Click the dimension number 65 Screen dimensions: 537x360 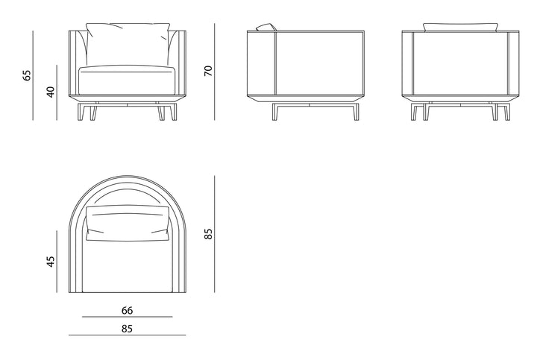click(x=27, y=75)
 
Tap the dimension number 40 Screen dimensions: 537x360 click(x=51, y=92)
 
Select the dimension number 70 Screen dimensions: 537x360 click(x=208, y=71)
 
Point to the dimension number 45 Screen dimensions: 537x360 click(x=51, y=262)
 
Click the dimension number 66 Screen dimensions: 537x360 click(x=127, y=310)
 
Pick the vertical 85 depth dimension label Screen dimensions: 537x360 click(x=208, y=234)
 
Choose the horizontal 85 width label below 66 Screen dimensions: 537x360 click(x=127, y=329)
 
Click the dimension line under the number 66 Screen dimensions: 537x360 click(x=127, y=317)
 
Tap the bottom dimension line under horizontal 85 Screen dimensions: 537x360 click(x=127, y=335)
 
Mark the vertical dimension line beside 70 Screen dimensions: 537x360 click(x=215, y=72)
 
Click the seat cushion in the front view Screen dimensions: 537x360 click(x=127, y=80)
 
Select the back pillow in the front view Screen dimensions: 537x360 click(x=128, y=44)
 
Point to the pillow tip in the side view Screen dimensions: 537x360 click(x=266, y=27)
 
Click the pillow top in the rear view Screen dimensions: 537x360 click(x=460, y=27)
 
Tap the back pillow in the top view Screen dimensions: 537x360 click(x=128, y=223)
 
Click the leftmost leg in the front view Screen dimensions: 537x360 click(x=81, y=113)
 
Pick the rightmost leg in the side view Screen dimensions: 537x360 click(x=357, y=113)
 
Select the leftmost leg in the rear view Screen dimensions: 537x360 click(x=414, y=113)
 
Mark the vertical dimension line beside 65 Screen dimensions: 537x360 click(x=34, y=75)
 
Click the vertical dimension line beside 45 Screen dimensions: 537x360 click(x=57, y=262)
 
